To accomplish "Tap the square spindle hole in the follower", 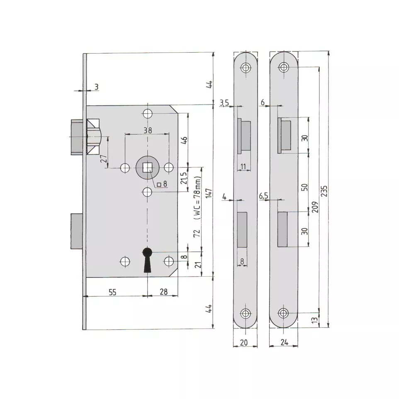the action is pos(147,168).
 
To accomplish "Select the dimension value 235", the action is pos(324,191).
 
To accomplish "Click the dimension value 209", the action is pos(315,207).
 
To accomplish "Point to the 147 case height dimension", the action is pos(209,193).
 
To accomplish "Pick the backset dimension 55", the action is pos(112,292).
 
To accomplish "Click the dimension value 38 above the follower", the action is pos(148,130).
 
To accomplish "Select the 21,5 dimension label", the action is pos(184,178).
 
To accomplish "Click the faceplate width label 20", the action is pos(244,343).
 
